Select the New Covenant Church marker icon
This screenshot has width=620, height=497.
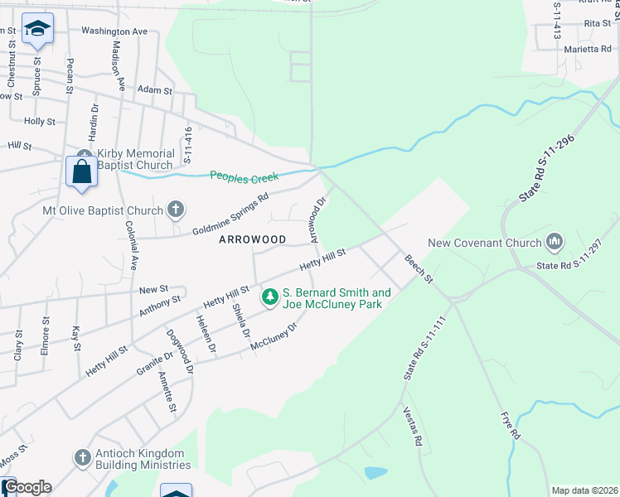point(554,243)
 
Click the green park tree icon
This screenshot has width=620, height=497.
point(270,296)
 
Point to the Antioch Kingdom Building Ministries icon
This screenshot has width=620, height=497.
point(81,456)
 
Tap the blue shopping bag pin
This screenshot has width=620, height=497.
point(81,172)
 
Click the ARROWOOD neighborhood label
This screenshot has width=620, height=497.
point(252,239)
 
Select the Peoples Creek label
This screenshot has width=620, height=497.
point(245,176)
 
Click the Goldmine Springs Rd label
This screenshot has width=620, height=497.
point(231,214)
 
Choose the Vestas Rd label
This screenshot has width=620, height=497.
point(412,427)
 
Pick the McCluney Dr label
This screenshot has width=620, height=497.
point(274,340)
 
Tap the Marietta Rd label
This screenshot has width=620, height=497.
point(588,49)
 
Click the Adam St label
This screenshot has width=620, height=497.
point(155,89)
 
